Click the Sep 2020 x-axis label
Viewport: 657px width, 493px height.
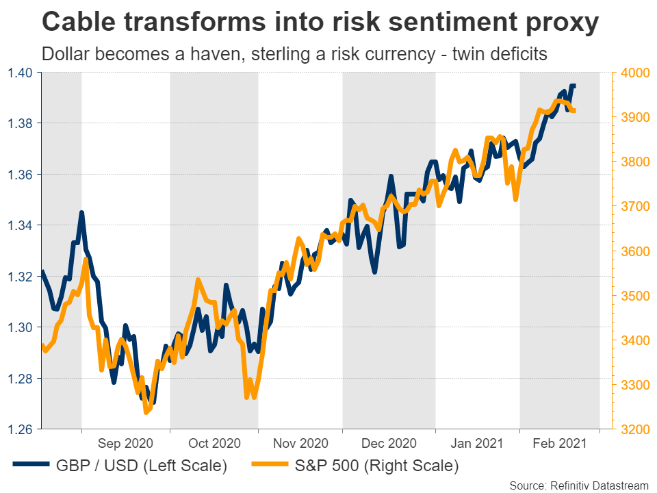[125, 444]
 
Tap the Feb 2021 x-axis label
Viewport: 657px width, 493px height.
[560, 444]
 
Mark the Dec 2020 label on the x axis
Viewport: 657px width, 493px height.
[389, 444]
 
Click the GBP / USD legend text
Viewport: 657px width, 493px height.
[142, 467]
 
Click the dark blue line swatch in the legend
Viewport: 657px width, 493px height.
[31, 466]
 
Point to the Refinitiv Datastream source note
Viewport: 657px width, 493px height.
[578, 485]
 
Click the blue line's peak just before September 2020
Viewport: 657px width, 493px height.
[81, 213]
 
